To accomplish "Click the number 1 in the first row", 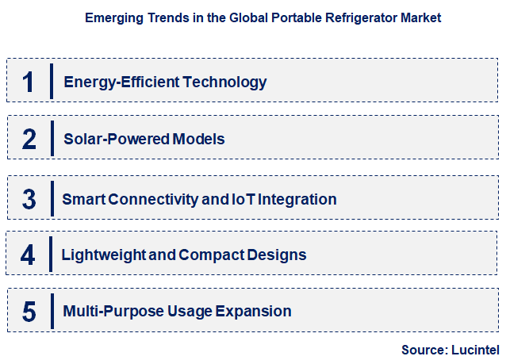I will (29, 82).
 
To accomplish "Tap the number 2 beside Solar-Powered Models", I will (29, 140).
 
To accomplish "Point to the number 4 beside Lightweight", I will (29, 255).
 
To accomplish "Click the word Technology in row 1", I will (229, 82).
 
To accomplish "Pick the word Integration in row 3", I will (297, 199).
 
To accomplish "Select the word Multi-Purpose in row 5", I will (111, 312).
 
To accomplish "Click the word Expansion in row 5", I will (255, 312).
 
